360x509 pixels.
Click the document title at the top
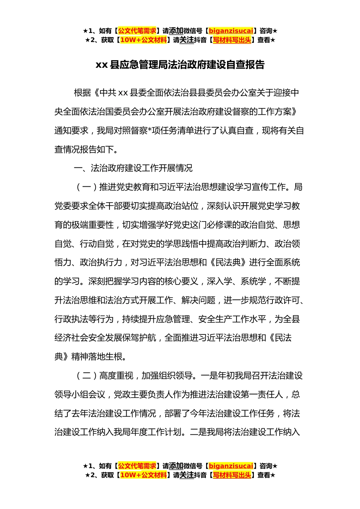point(180,65)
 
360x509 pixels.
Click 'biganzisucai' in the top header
point(231,31)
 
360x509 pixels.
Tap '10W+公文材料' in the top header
point(143,40)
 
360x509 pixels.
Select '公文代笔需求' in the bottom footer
point(137,466)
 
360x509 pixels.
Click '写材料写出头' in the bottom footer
point(232,475)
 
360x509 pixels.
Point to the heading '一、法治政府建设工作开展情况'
point(133,168)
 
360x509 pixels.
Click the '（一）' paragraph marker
point(86,187)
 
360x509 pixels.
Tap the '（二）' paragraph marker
point(86,376)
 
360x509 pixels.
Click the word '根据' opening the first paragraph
point(82,93)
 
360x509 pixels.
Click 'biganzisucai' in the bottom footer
point(231,466)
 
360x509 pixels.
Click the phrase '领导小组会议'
point(80,395)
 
